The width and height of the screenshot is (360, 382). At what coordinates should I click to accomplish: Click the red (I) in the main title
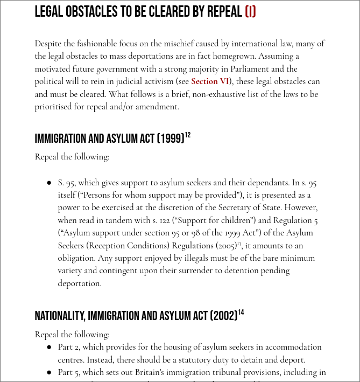coord(250,12)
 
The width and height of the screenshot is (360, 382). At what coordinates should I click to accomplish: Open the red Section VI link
coord(210,81)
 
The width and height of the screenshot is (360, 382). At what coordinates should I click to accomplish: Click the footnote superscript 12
coord(188,135)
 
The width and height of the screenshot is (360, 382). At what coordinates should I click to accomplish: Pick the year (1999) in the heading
coord(171,139)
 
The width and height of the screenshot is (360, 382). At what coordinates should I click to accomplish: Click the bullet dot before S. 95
coord(49,183)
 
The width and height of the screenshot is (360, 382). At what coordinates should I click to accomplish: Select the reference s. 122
coord(160,220)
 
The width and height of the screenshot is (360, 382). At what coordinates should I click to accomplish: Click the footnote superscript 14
coord(241,312)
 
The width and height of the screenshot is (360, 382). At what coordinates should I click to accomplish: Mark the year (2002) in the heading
coord(224,316)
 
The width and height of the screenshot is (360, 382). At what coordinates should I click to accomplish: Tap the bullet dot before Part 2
coord(49,348)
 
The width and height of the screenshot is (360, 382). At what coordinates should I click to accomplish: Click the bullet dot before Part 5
coord(49,372)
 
